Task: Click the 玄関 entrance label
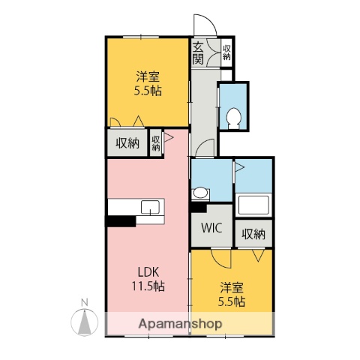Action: point(199,52)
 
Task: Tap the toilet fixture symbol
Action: point(233,116)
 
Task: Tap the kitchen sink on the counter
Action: point(150,206)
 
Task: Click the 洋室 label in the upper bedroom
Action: point(147,76)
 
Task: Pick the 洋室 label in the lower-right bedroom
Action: point(231,286)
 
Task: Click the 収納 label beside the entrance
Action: point(226,52)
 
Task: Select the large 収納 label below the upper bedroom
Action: point(126,142)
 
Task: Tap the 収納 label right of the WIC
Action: point(253,233)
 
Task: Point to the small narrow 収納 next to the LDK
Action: point(156,142)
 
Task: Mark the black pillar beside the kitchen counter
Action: point(121,220)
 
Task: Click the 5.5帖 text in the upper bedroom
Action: point(147,91)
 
